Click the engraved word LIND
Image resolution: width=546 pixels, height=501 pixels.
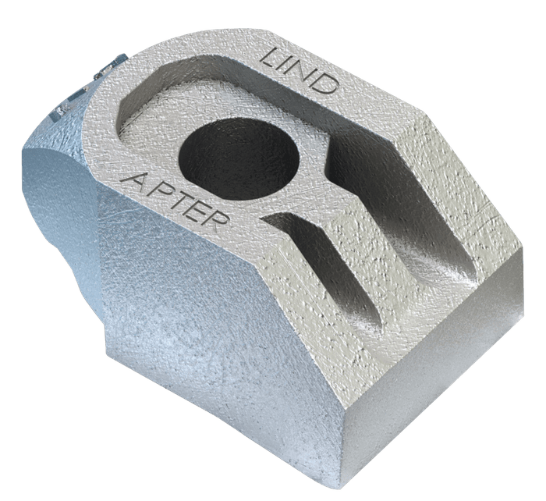click(300, 71)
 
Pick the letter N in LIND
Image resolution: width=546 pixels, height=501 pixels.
click(305, 73)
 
